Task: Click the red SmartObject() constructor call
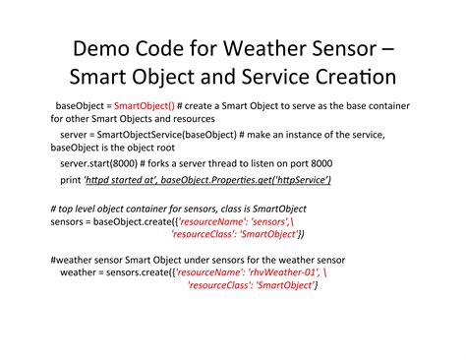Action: click(144, 105)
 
